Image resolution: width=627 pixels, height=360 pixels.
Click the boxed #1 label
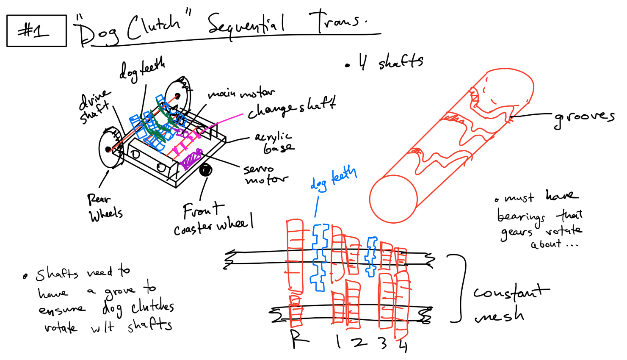pos(36,30)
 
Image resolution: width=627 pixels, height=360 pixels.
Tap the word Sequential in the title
pos(246,26)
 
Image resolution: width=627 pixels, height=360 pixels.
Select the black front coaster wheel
pos(205,170)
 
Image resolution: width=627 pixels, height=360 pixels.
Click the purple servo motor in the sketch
pos(191,158)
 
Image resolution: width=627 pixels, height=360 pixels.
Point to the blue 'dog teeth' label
pos(334,179)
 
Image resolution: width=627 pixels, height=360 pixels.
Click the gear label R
pos(299,339)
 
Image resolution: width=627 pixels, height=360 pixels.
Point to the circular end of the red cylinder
pos(393,198)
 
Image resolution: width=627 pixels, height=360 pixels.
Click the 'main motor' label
pos(241,93)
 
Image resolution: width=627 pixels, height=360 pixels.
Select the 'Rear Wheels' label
pos(104,208)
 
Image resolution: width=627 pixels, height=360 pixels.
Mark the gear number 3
pos(383,343)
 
